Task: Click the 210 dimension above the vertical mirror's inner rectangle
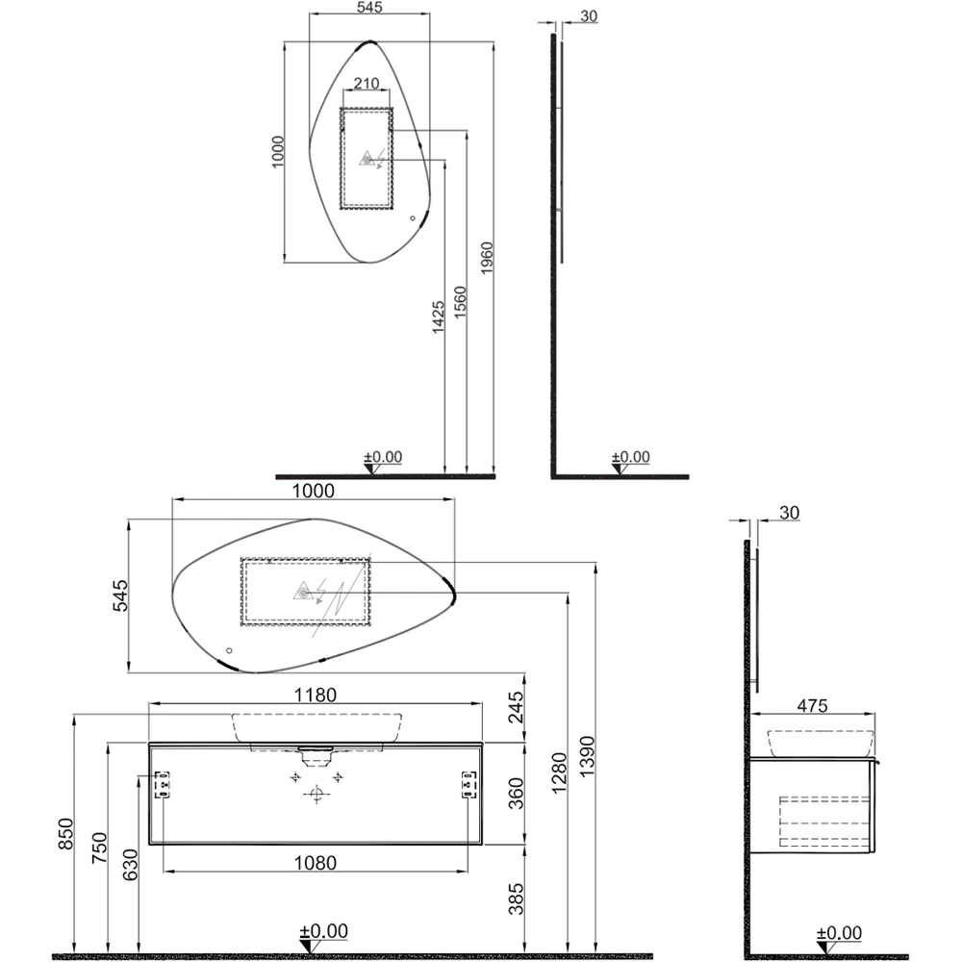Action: tap(366, 83)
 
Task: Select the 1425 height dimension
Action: tap(438, 316)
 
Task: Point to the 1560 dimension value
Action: tap(460, 304)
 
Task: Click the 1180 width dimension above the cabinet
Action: tap(316, 696)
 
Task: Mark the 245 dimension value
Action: tap(516, 709)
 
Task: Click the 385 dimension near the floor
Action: tap(516, 897)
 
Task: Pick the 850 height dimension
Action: tap(65, 835)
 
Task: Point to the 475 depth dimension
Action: tap(813, 704)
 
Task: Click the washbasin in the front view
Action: tap(316, 728)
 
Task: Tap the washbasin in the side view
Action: tap(820, 742)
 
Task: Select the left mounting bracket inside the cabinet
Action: tap(163, 785)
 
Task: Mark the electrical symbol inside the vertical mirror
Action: tap(369, 159)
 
